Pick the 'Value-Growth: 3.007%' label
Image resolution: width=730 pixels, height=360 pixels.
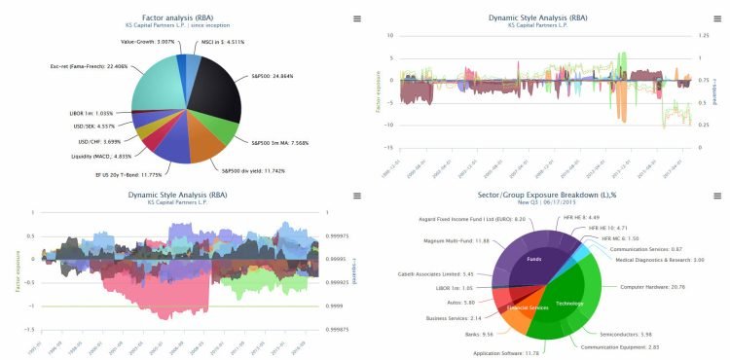(147, 43)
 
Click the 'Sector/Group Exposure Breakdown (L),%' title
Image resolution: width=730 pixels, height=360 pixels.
(547, 197)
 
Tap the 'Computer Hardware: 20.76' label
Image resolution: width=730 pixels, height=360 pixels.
(654, 287)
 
